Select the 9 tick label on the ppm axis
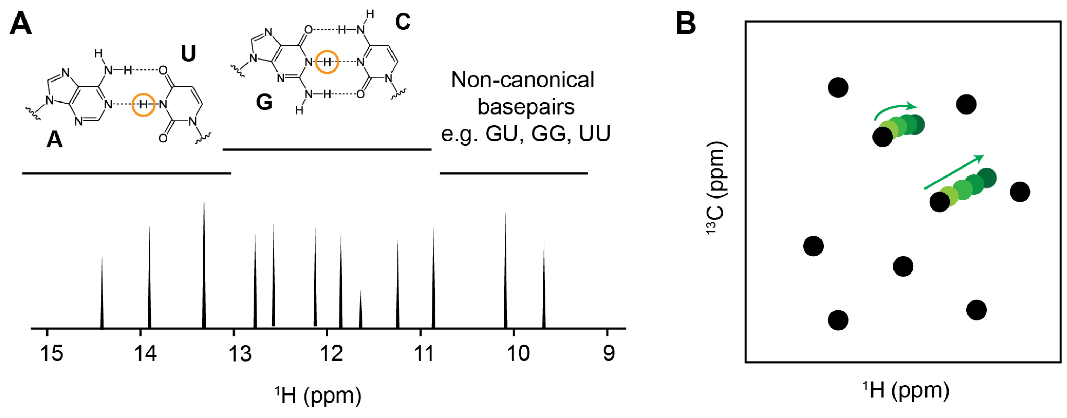point(609,353)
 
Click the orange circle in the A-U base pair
point(143,105)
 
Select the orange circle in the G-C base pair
point(327,62)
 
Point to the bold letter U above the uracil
point(188,53)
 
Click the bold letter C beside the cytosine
point(402,22)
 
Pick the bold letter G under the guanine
point(264,102)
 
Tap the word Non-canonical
point(522,80)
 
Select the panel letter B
point(686,24)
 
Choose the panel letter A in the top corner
point(21,24)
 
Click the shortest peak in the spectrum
point(360,308)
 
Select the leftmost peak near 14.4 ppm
point(102,292)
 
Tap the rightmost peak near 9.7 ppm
point(544,284)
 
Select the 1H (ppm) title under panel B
point(906,390)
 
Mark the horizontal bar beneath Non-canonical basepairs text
point(514,173)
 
